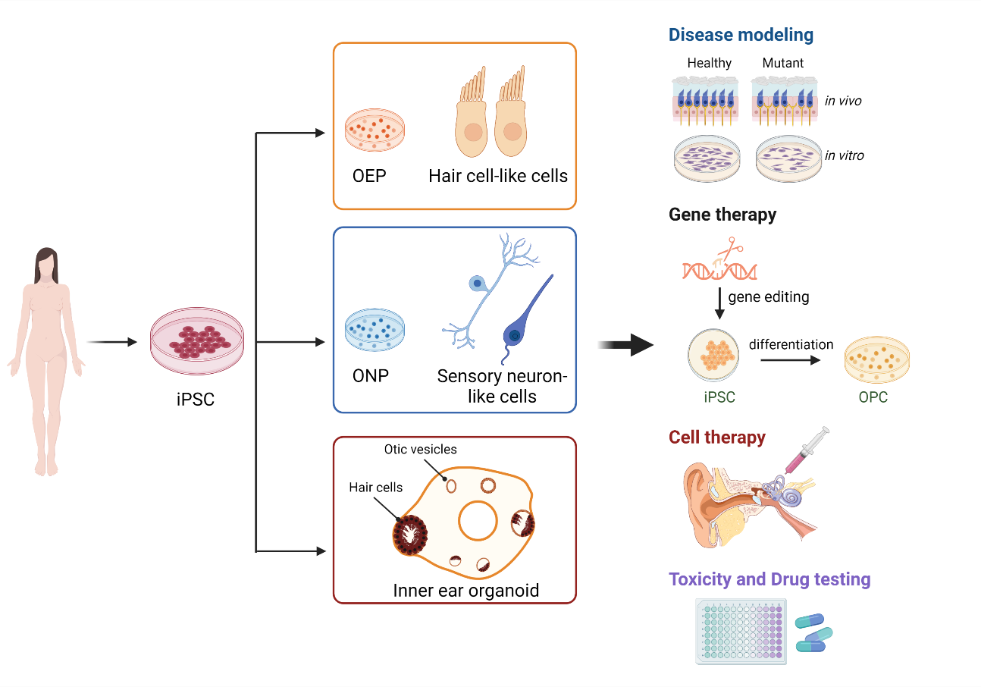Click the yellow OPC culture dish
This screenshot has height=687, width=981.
(x=876, y=359)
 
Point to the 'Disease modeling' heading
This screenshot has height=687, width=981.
(x=741, y=35)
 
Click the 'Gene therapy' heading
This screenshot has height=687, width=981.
(x=722, y=215)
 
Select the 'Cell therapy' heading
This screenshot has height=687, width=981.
(x=716, y=438)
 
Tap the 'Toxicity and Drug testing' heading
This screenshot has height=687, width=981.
(x=769, y=580)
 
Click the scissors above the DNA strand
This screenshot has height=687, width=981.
(x=730, y=249)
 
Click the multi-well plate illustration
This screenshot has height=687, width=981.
(x=741, y=631)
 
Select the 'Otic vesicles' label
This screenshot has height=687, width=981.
(x=420, y=450)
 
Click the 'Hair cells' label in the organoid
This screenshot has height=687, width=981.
(x=376, y=488)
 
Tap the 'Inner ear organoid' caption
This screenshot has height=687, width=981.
(x=465, y=590)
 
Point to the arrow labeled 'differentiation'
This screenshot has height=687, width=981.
(x=790, y=360)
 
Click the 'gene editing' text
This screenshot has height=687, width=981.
(x=768, y=296)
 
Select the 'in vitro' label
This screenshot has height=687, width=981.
(x=844, y=156)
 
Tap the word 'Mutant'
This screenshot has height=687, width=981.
(x=783, y=63)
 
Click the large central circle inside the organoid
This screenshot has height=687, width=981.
(x=478, y=521)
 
